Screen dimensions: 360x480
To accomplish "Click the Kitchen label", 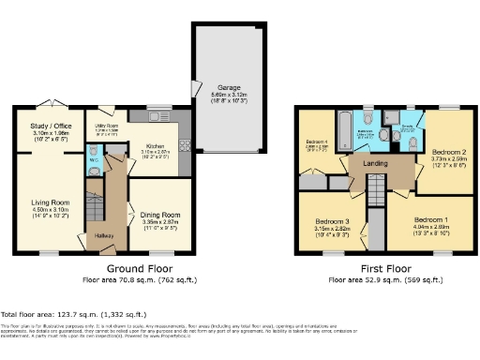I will [x=156, y=145].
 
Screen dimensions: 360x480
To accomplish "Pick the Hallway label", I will [x=104, y=235].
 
